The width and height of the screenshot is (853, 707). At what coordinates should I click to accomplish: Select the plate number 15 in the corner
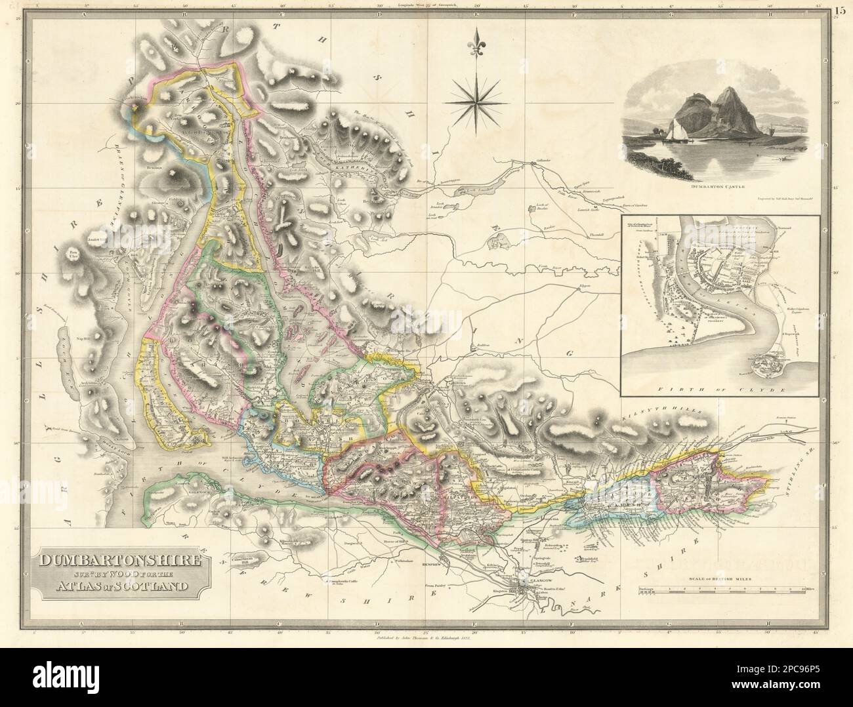841,9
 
